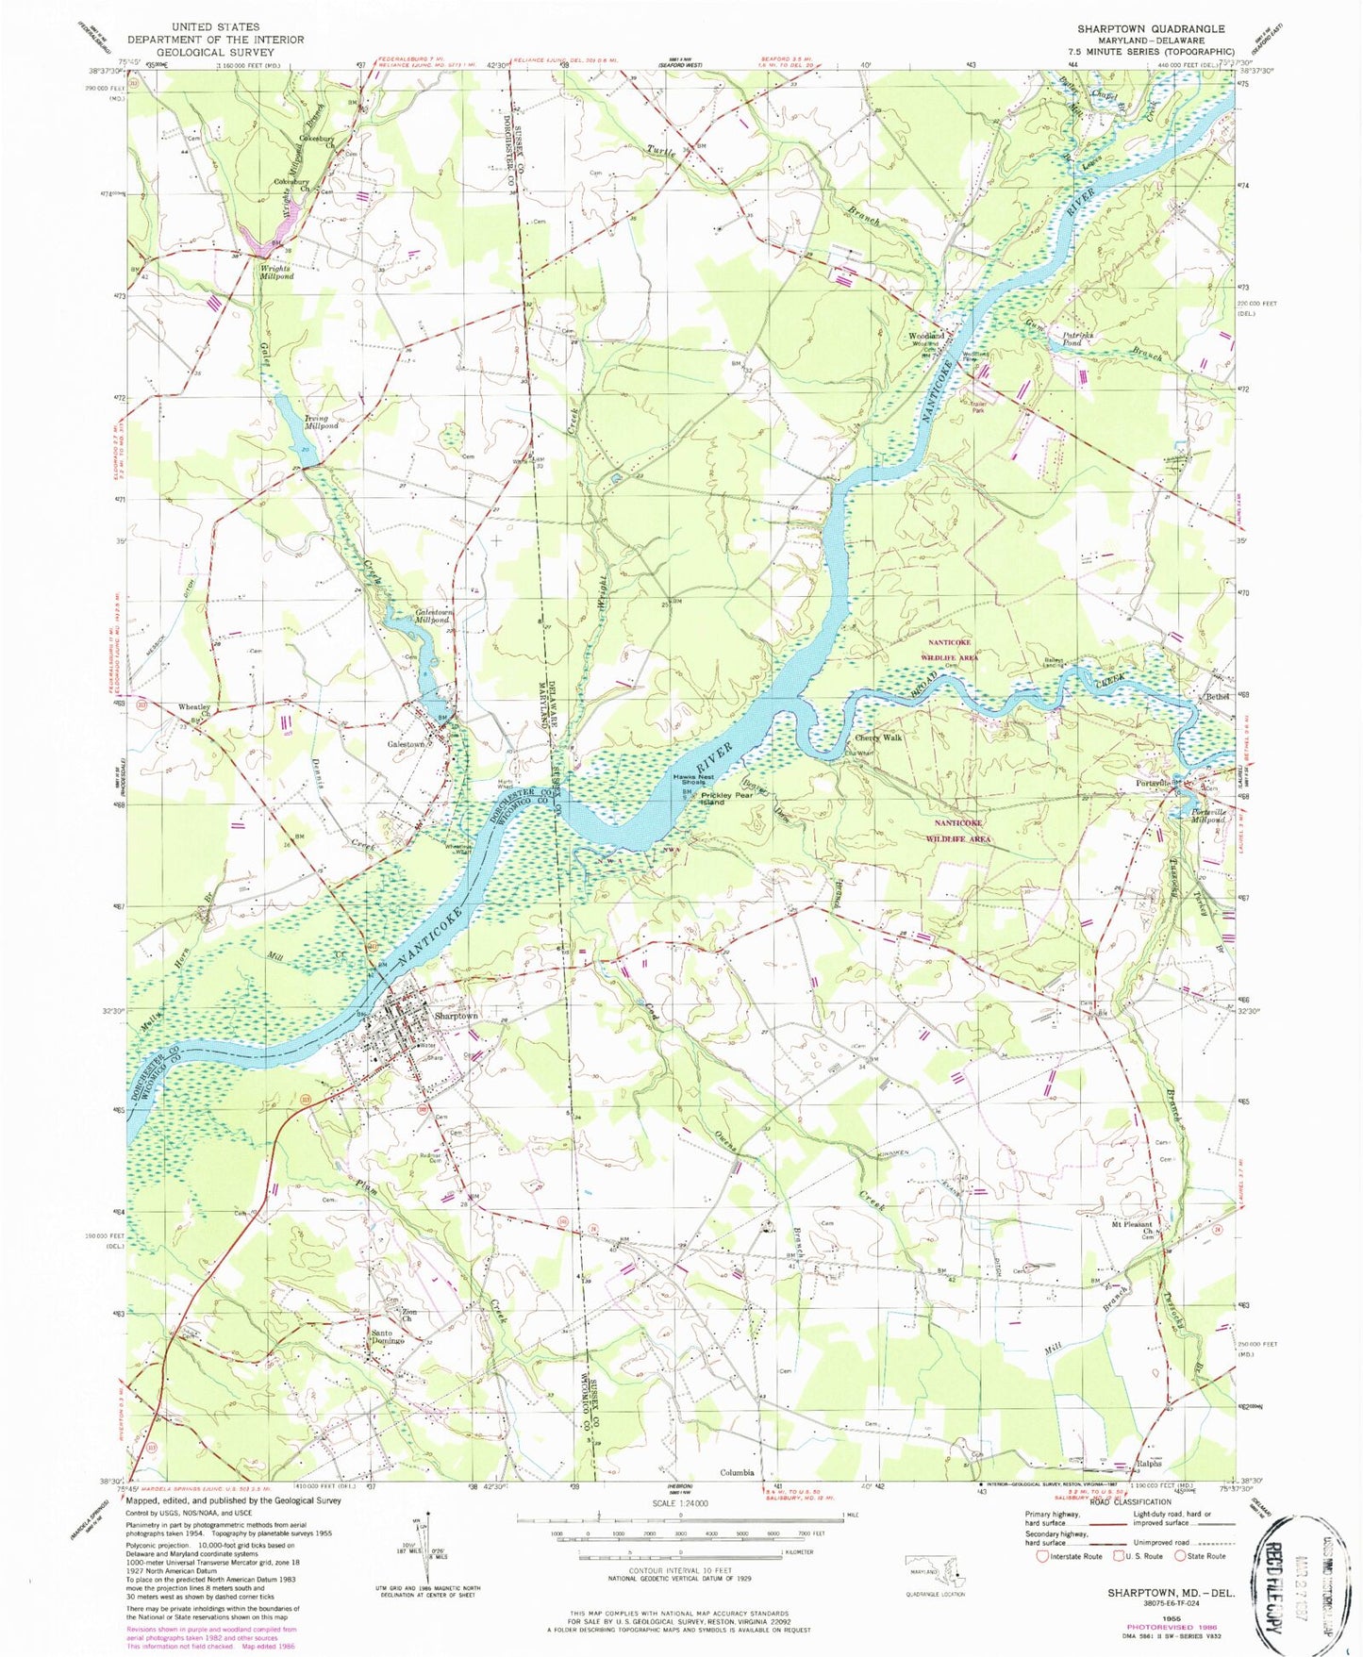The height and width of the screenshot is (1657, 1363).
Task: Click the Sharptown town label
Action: pos(456,1016)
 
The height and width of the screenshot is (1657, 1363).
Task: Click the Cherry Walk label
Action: pos(878,738)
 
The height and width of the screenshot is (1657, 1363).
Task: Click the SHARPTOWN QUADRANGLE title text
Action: pos(1151,29)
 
